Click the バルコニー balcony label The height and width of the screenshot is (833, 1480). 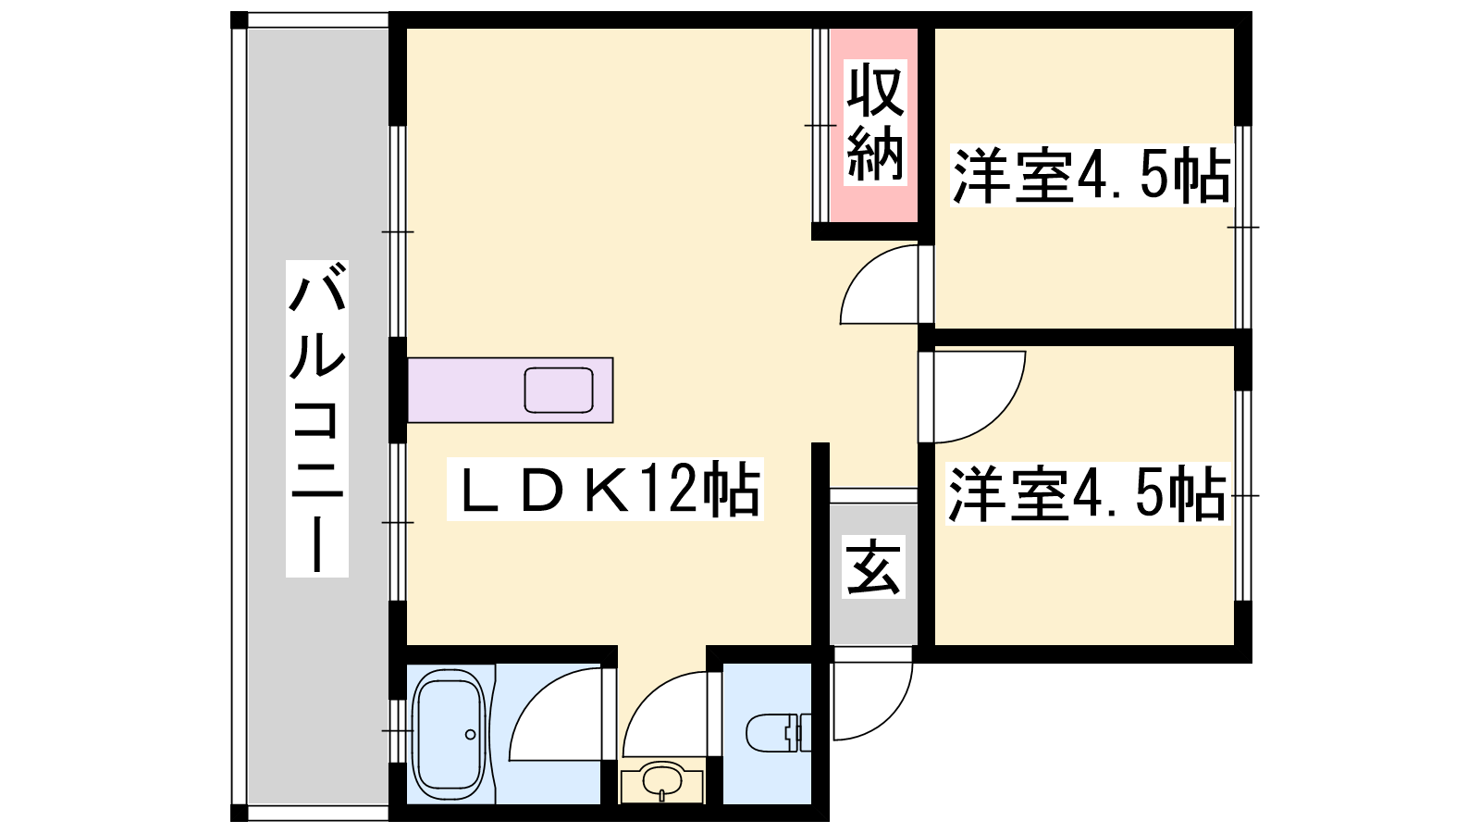pos(316,418)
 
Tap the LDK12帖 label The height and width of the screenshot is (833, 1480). pos(605,489)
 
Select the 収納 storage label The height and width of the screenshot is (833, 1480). pos(875,122)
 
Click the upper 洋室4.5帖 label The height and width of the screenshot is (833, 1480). pos(1091,175)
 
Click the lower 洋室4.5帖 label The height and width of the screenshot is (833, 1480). pos(1088,494)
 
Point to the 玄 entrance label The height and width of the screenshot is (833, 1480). pos(873,567)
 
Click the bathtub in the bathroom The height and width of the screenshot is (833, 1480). pos(450,735)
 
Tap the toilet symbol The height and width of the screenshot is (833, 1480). pos(779,732)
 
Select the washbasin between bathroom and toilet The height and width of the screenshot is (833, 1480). pos(662,782)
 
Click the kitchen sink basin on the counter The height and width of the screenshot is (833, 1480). pos(559,390)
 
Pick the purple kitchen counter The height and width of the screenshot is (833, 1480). pos(510,390)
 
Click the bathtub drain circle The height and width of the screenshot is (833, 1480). pos(471,735)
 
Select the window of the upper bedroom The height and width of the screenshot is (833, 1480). pos(1243,227)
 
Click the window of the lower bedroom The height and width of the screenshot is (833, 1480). pos(1243,495)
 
